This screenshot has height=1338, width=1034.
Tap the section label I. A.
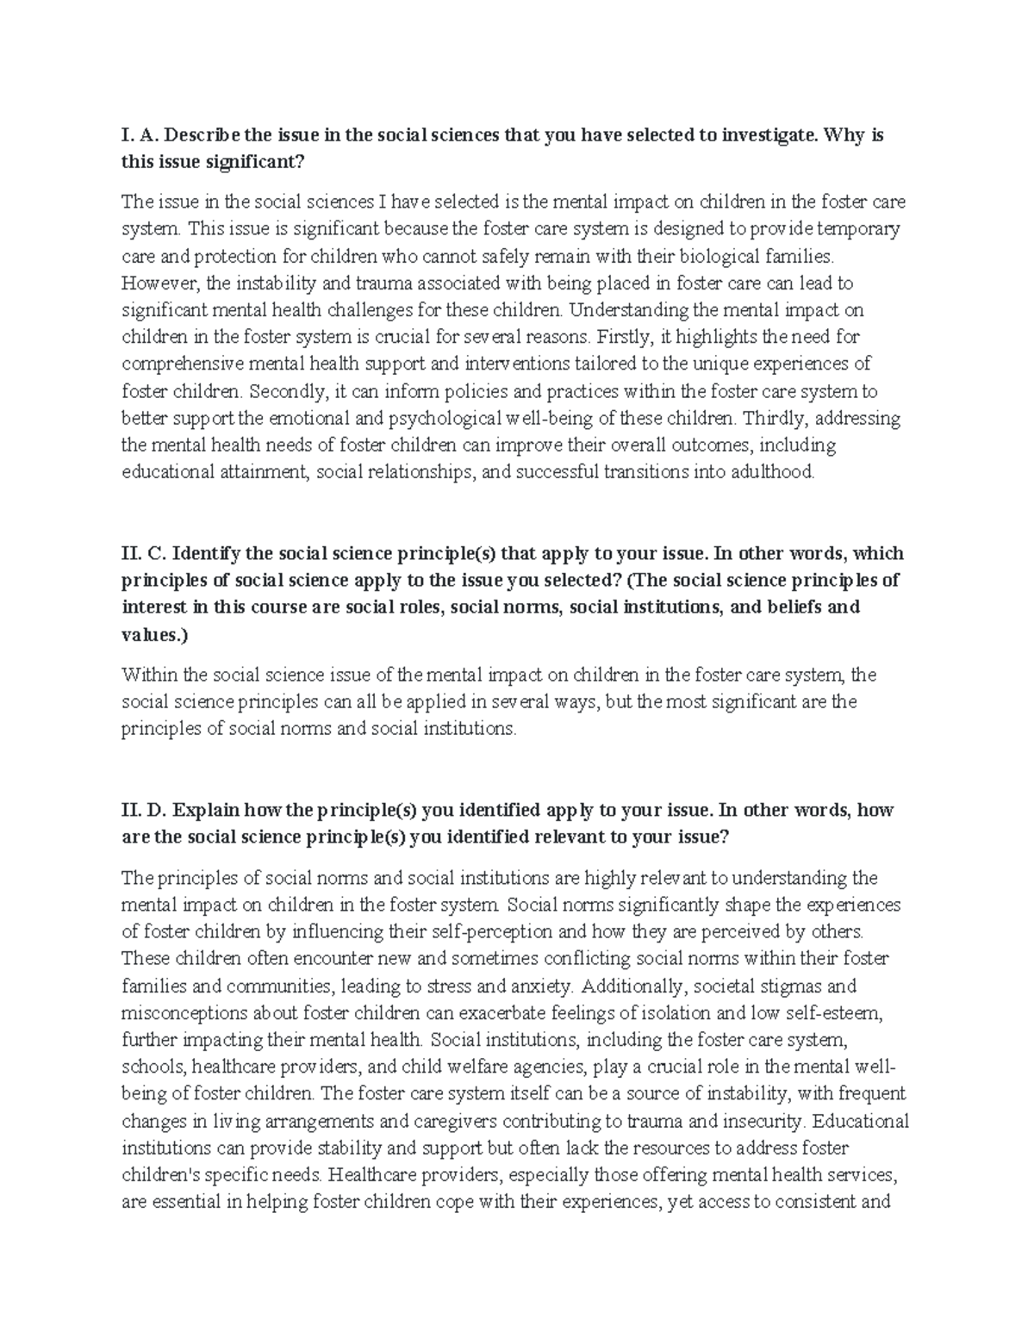138,135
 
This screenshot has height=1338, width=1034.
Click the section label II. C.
143,553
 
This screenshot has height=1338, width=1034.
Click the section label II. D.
145,810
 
